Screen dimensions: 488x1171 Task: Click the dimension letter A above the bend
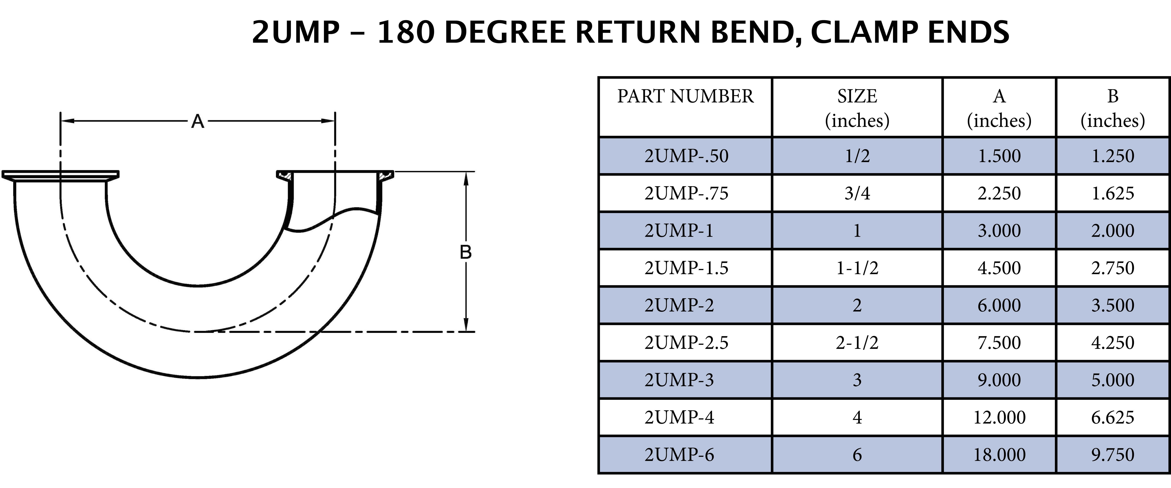(197, 121)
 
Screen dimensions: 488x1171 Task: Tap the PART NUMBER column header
(685, 96)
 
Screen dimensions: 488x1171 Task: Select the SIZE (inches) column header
(857, 108)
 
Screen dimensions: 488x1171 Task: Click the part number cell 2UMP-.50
(686, 156)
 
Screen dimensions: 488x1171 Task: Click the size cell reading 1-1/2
(857, 268)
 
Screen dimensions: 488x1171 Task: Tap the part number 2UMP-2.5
(686, 343)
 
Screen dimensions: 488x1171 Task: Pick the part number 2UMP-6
(679, 454)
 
